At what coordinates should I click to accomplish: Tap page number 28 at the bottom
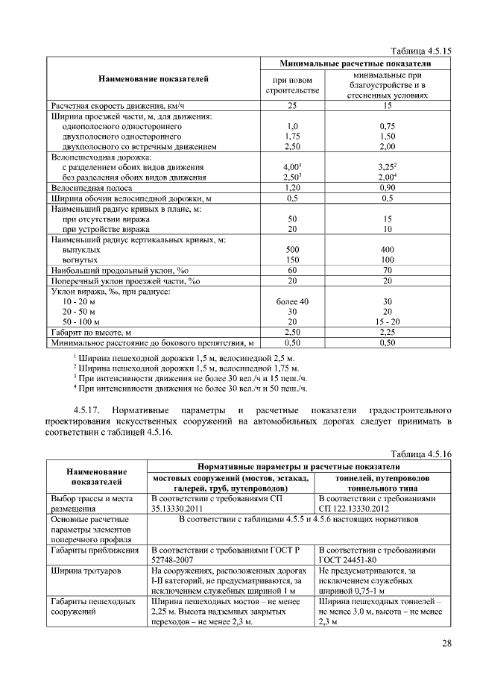coord(446,644)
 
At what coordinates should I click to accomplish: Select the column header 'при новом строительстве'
coord(292,85)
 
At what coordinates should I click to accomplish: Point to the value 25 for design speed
coord(292,106)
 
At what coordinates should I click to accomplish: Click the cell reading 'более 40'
coord(292,301)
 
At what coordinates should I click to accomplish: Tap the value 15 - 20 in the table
coord(387,321)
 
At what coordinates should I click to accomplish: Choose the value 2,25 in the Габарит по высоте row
coord(387,332)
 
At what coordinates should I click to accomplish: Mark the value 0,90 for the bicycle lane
coord(387,189)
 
